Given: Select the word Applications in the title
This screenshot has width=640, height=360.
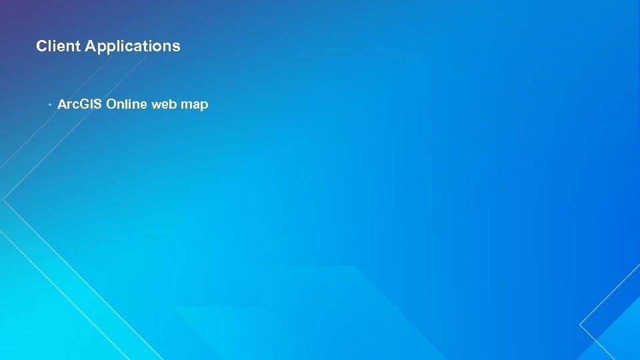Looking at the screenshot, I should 133,46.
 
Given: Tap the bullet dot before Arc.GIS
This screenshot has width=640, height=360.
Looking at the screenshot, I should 49,105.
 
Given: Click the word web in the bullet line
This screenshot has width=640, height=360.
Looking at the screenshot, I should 164,105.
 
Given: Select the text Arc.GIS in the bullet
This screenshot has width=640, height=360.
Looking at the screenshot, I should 80,105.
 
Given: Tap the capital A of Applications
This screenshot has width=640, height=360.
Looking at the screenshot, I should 91,46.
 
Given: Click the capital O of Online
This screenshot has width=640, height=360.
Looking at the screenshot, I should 111,105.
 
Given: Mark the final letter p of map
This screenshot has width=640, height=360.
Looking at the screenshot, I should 205,107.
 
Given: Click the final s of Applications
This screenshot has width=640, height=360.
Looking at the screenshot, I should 177,47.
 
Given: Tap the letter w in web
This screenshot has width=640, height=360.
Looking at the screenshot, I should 157,105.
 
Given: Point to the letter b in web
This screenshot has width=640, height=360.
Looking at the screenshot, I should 173,105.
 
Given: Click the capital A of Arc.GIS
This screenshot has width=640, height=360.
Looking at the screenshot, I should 63,105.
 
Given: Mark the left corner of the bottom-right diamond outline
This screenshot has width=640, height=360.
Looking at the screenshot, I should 580,325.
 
